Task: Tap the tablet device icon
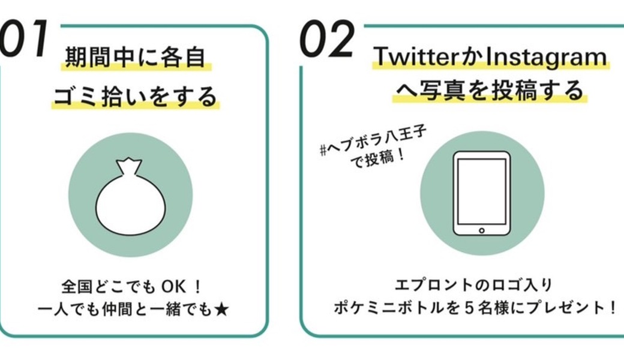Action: (x=482, y=193)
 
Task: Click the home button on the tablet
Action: (x=482, y=230)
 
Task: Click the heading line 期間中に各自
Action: (x=135, y=60)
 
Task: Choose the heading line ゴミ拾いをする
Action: (x=135, y=96)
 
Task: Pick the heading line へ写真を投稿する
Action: (x=488, y=91)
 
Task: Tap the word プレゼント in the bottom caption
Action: (x=574, y=309)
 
